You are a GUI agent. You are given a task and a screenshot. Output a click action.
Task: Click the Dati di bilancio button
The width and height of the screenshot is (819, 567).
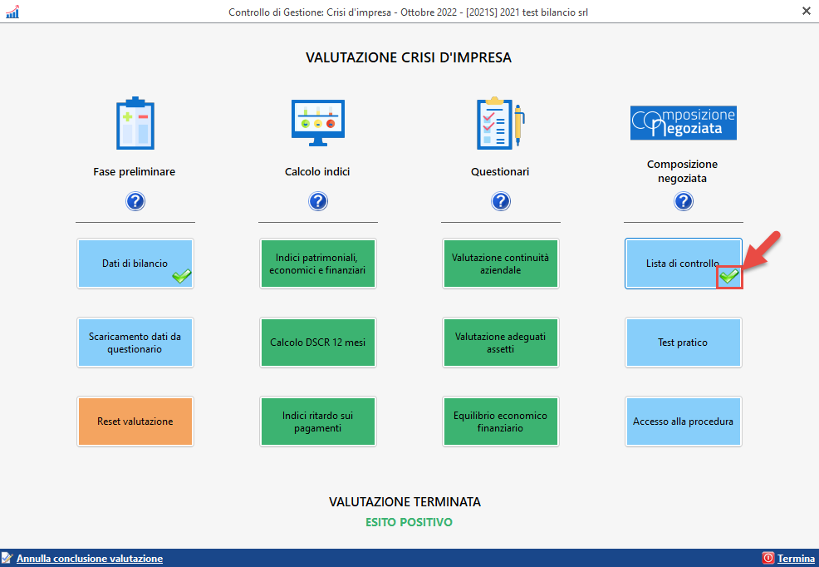pos(135,264)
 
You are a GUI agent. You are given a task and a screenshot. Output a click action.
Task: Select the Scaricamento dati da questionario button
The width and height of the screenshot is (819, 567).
pos(135,343)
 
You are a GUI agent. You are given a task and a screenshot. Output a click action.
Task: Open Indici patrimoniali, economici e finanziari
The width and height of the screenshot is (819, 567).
pos(317,264)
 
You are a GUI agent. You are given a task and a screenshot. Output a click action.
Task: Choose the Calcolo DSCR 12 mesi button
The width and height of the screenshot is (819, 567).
pos(317,343)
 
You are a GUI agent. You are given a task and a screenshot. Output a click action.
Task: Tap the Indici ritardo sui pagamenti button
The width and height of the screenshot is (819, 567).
pos(317,422)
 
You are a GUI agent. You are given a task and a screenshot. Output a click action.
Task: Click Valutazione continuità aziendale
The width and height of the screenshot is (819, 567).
pos(500,264)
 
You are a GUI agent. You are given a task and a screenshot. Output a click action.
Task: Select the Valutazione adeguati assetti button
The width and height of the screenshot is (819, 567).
pos(500,343)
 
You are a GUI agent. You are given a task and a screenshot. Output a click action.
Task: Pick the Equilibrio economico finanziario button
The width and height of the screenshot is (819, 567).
pos(500,422)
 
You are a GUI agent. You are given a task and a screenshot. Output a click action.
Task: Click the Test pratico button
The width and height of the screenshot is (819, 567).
pos(683,343)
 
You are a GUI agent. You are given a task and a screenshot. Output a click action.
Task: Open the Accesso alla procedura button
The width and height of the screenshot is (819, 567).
pos(683,422)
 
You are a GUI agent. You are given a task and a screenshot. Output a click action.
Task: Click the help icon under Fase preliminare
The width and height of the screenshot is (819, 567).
pos(135,201)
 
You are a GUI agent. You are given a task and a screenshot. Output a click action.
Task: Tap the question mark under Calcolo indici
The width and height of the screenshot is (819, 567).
pos(317,201)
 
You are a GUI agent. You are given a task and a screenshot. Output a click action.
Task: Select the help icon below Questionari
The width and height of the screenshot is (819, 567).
pos(500,201)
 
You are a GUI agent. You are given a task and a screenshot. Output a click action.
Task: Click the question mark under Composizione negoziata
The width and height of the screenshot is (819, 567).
pos(683,201)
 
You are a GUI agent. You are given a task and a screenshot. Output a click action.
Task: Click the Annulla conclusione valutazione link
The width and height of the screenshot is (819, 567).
pos(90,559)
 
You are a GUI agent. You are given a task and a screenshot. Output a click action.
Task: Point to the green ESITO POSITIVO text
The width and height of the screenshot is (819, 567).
pos(409,523)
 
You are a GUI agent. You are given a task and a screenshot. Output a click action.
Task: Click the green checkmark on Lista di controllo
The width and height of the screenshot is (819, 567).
pos(729,276)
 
